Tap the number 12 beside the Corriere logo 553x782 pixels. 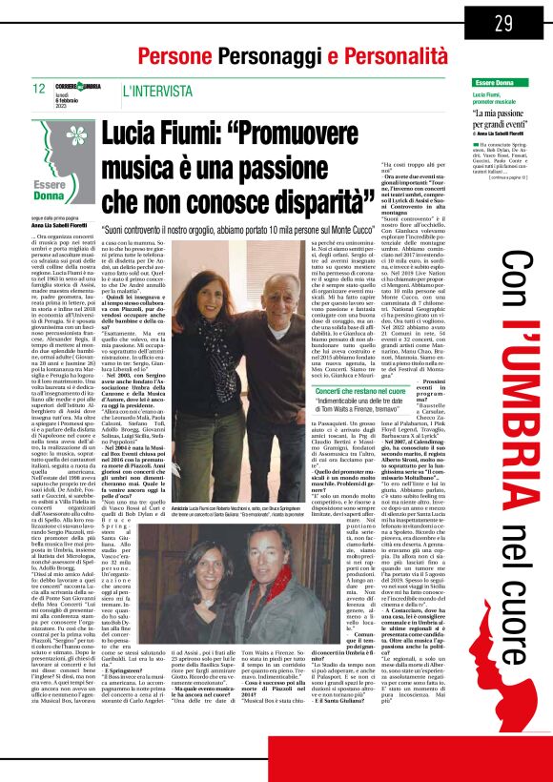(39, 90)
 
